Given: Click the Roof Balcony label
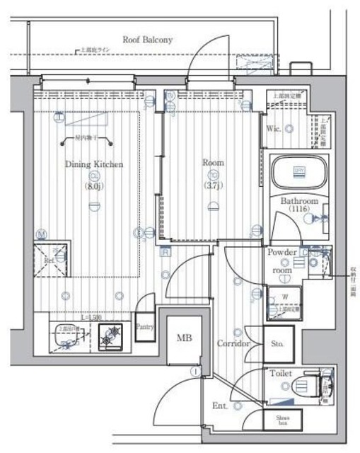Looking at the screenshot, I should pos(147,40).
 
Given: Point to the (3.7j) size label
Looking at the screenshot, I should pos(213,186).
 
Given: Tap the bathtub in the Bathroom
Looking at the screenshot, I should pos(300,171).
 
